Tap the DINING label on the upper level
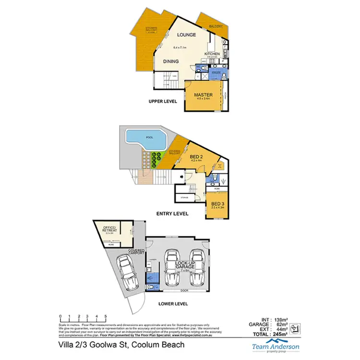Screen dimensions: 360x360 click(171, 61)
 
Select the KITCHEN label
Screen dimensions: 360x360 click(212, 53)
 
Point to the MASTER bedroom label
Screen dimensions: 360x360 click(203, 95)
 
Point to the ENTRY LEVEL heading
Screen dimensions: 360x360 click(172, 214)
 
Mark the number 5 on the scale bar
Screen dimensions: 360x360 click(105, 316)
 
